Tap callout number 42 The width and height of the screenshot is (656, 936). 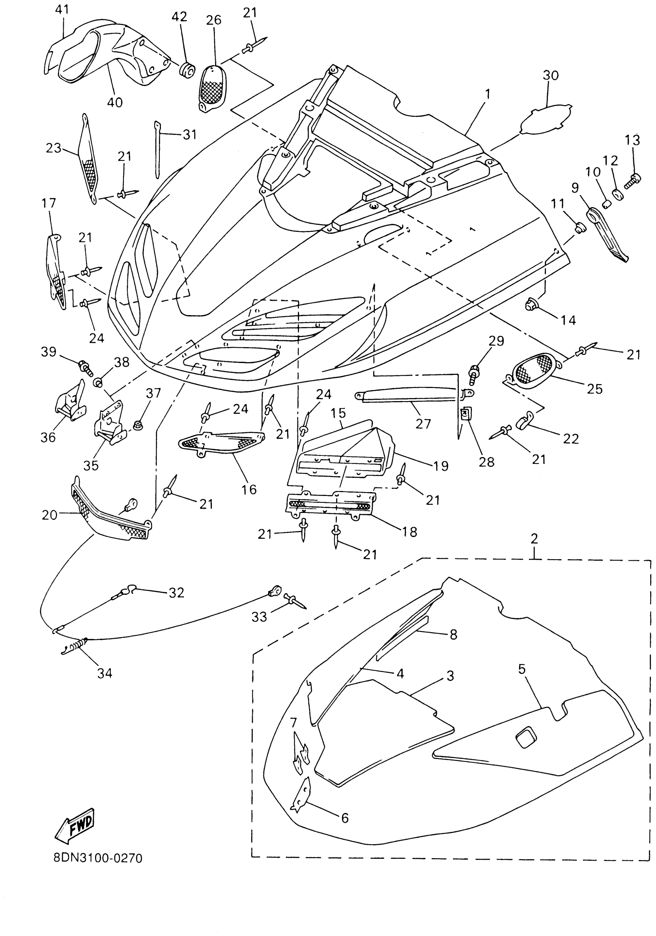179,17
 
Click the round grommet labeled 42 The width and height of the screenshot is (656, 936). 187,71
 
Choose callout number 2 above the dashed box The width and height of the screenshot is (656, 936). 534,538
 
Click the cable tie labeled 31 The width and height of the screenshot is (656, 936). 157,149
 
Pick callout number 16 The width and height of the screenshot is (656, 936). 249,489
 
